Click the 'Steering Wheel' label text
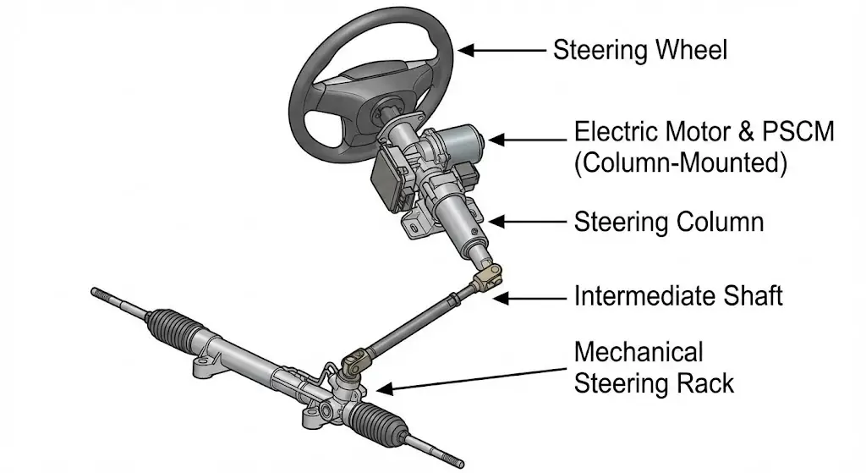639,50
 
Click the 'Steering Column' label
668,223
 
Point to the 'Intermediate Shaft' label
678,296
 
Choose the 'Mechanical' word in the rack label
639,351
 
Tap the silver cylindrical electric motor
457,135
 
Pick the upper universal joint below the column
489,278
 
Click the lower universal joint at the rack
354,364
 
